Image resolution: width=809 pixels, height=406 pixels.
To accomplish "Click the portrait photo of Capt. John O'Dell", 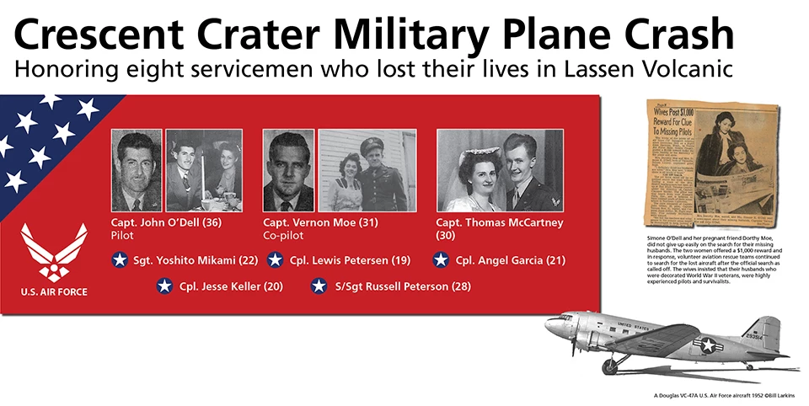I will [137, 170].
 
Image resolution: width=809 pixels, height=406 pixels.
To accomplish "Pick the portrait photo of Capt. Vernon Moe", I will [288, 170].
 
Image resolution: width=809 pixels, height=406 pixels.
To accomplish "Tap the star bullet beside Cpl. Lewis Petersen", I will [275, 260].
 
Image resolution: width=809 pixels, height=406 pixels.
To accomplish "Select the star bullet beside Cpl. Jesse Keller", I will [165, 286].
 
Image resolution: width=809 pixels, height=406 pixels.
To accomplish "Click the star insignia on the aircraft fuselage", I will [705, 343].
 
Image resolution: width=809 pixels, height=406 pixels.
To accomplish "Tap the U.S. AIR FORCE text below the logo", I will [54, 292].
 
